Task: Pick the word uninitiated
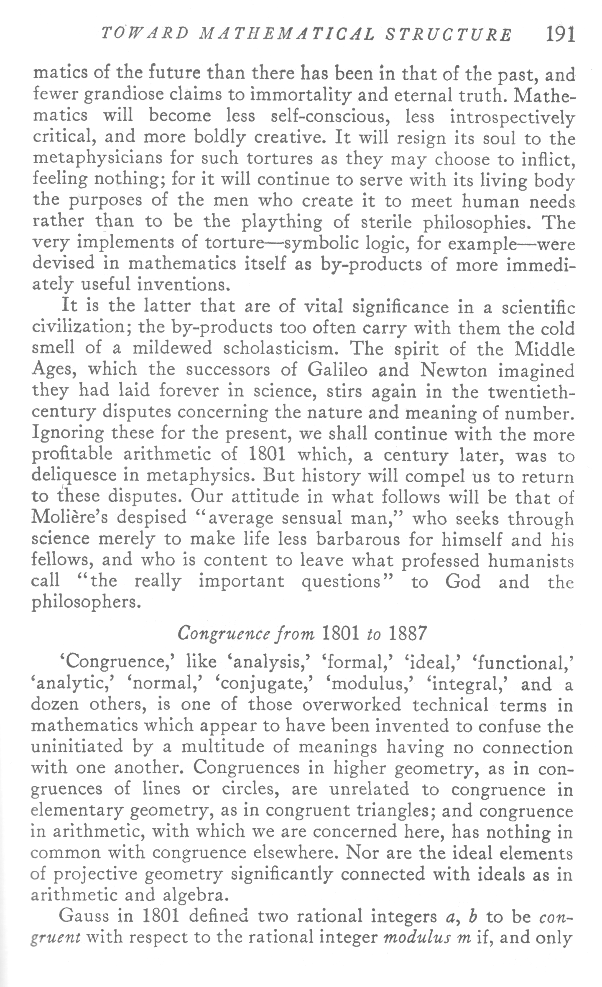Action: point(77,747)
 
